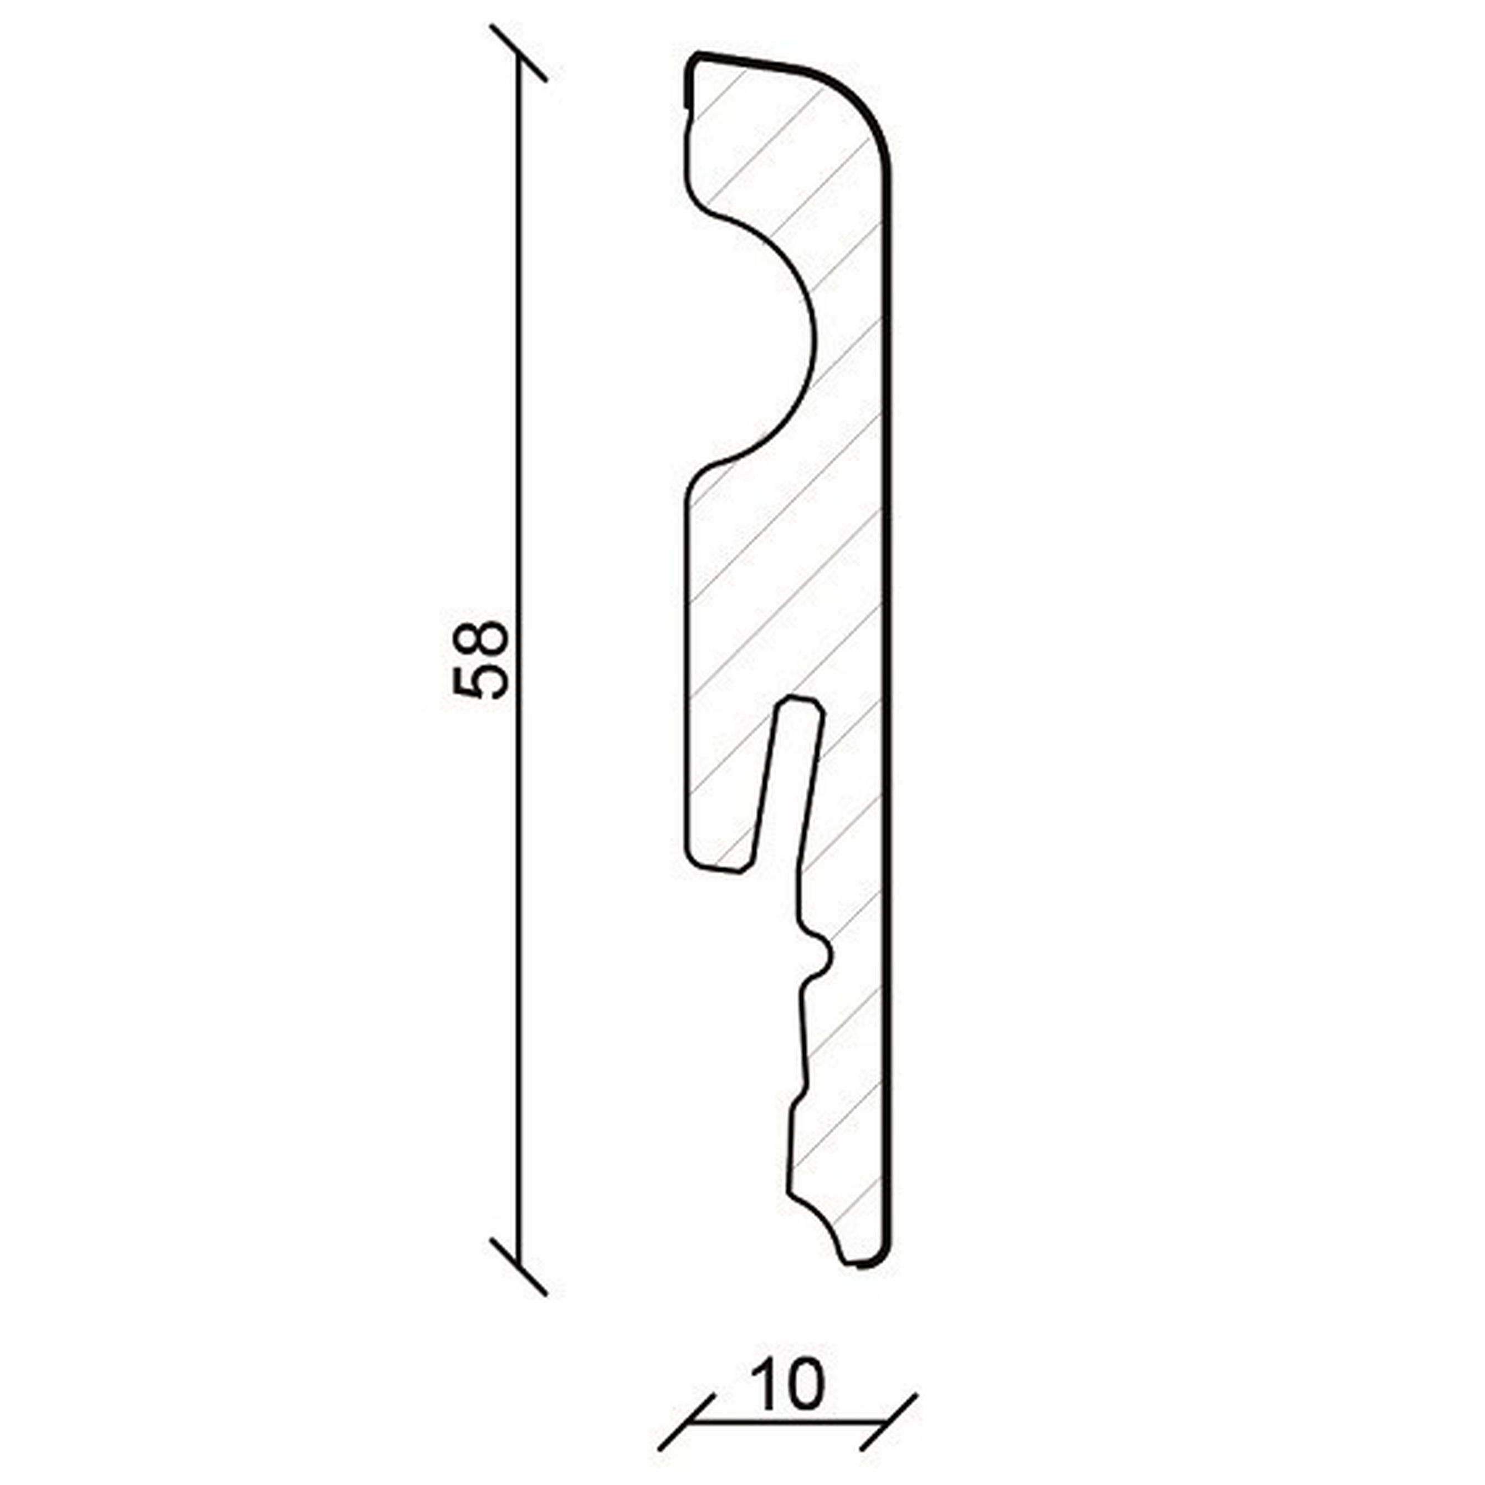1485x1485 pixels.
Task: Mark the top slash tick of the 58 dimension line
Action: tap(519, 53)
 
